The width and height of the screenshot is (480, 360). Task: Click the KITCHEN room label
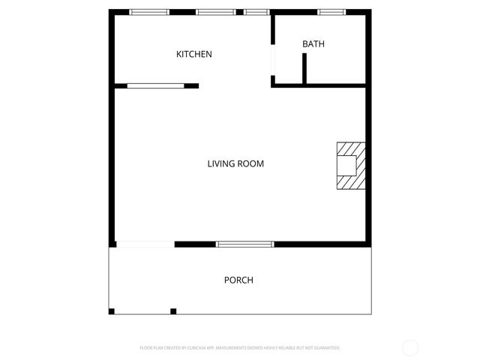click(x=194, y=54)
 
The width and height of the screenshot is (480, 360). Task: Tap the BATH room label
click(x=313, y=44)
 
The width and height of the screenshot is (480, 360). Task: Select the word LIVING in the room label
click(x=221, y=163)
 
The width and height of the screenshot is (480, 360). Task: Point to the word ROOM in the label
click(x=250, y=163)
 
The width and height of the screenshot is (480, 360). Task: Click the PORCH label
click(x=238, y=280)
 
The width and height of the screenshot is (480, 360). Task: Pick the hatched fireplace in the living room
click(x=350, y=166)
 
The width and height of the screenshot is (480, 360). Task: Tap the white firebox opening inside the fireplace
click(x=346, y=165)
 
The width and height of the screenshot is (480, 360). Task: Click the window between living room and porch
click(x=244, y=244)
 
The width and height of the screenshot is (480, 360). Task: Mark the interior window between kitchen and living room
click(x=155, y=86)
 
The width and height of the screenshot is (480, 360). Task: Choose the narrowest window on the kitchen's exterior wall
click(x=256, y=12)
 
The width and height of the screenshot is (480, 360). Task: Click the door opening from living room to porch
click(x=145, y=244)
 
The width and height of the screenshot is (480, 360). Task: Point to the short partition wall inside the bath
click(x=304, y=68)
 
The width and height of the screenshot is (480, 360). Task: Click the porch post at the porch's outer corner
click(x=112, y=311)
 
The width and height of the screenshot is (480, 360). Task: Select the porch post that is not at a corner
click(x=173, y=311)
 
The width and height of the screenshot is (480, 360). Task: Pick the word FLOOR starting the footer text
click(x=146, y=348)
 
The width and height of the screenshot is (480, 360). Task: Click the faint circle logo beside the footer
click(x=410, y=347)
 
